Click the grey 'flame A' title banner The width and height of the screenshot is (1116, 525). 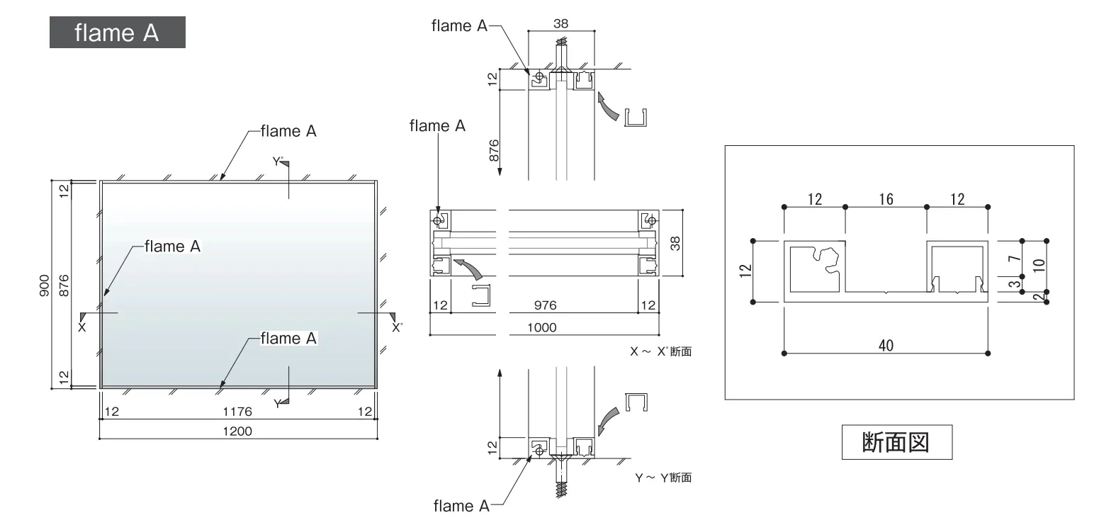pyautogui.click(x=118, y=33)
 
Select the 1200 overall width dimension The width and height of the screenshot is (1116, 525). pyautogui.click(x=237, y=431)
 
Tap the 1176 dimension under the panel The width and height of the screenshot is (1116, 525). pyautogui.click(x=237, y=412)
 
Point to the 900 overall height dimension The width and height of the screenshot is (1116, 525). pyautogui.click(x=45, y=286)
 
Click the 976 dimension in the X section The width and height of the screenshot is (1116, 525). pyautogui.click(x=545, y=305)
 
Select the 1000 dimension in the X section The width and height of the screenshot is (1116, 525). pyautogui.click(x=542, y=327)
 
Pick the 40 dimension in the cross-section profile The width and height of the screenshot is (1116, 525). pyautogui.click(x=886, y=345)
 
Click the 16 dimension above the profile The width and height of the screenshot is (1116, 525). pyautogui.click(x=886, y=199)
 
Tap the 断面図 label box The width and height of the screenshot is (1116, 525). pyautogui.click(x=897, y=442)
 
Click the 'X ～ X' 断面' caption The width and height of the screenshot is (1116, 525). pyautogui.click(x=660, y=351)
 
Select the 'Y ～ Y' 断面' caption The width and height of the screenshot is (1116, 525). pyautogui.click(x=663, y=478)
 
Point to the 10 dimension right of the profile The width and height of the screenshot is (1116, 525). pyautogui.click(x=1039, y=265)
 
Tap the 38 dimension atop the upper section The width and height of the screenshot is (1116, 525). pyautogui.click(x=560, y=23)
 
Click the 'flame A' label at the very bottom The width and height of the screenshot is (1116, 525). pyautogui.click(x=461, y=506)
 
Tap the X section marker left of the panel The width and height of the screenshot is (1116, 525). pyautogui.click(x=83, y=322)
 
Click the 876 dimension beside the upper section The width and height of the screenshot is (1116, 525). pyautogui.click(x=494, y=150)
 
